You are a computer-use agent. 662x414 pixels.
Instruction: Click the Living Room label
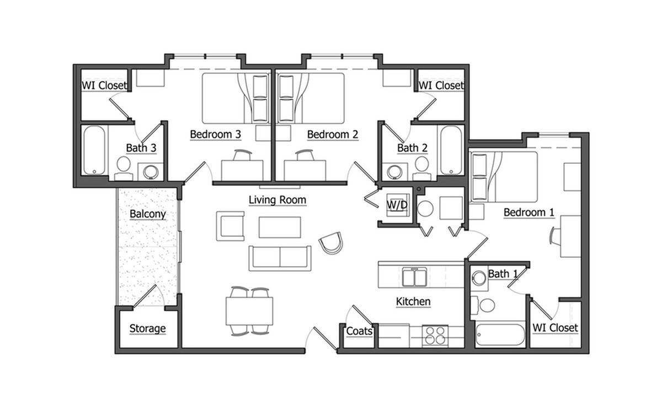pos(277,200)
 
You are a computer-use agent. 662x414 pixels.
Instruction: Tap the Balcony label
pos(148,214)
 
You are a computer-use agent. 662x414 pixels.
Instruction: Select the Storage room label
pos(147,328)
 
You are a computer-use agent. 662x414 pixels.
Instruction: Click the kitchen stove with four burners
pos(435,335)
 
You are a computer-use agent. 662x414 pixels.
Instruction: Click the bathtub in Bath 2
pos(452,150)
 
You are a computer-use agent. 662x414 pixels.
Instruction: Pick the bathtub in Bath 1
pos(500,335)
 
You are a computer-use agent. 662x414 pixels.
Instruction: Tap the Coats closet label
pos(359,331)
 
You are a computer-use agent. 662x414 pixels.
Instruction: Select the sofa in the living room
pos(279,258)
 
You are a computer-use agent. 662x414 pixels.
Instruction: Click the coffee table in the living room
pos(280,227)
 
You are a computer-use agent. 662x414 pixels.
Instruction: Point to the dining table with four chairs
pos(249,311)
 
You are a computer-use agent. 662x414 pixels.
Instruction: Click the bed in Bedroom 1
pos(503,177)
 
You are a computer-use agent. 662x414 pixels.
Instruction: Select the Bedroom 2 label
pos(333,134)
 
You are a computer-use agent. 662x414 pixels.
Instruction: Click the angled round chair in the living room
pos(331,243)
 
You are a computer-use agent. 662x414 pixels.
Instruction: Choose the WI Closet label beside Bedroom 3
pos(104,86)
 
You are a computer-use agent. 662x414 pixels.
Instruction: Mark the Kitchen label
pos(413,301)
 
